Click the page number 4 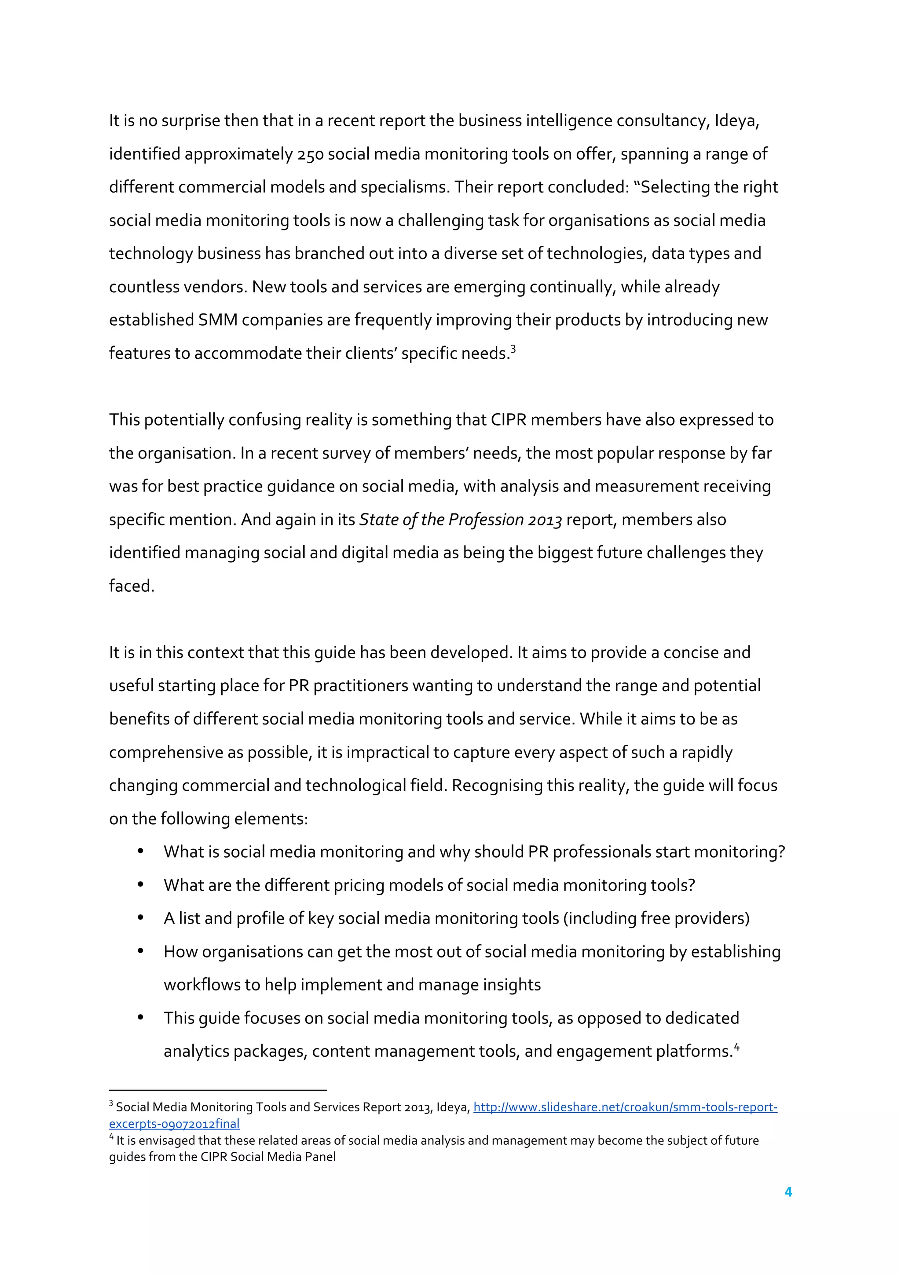tap(788, 1191)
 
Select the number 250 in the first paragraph tap(310, 154)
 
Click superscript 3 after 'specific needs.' tap(513, 349)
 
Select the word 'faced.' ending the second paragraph tap(132, 586)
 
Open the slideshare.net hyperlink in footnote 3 tap(625, 1107)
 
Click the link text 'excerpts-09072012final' tap(174, 1124)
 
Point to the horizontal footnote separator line tap(218, 1090)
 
